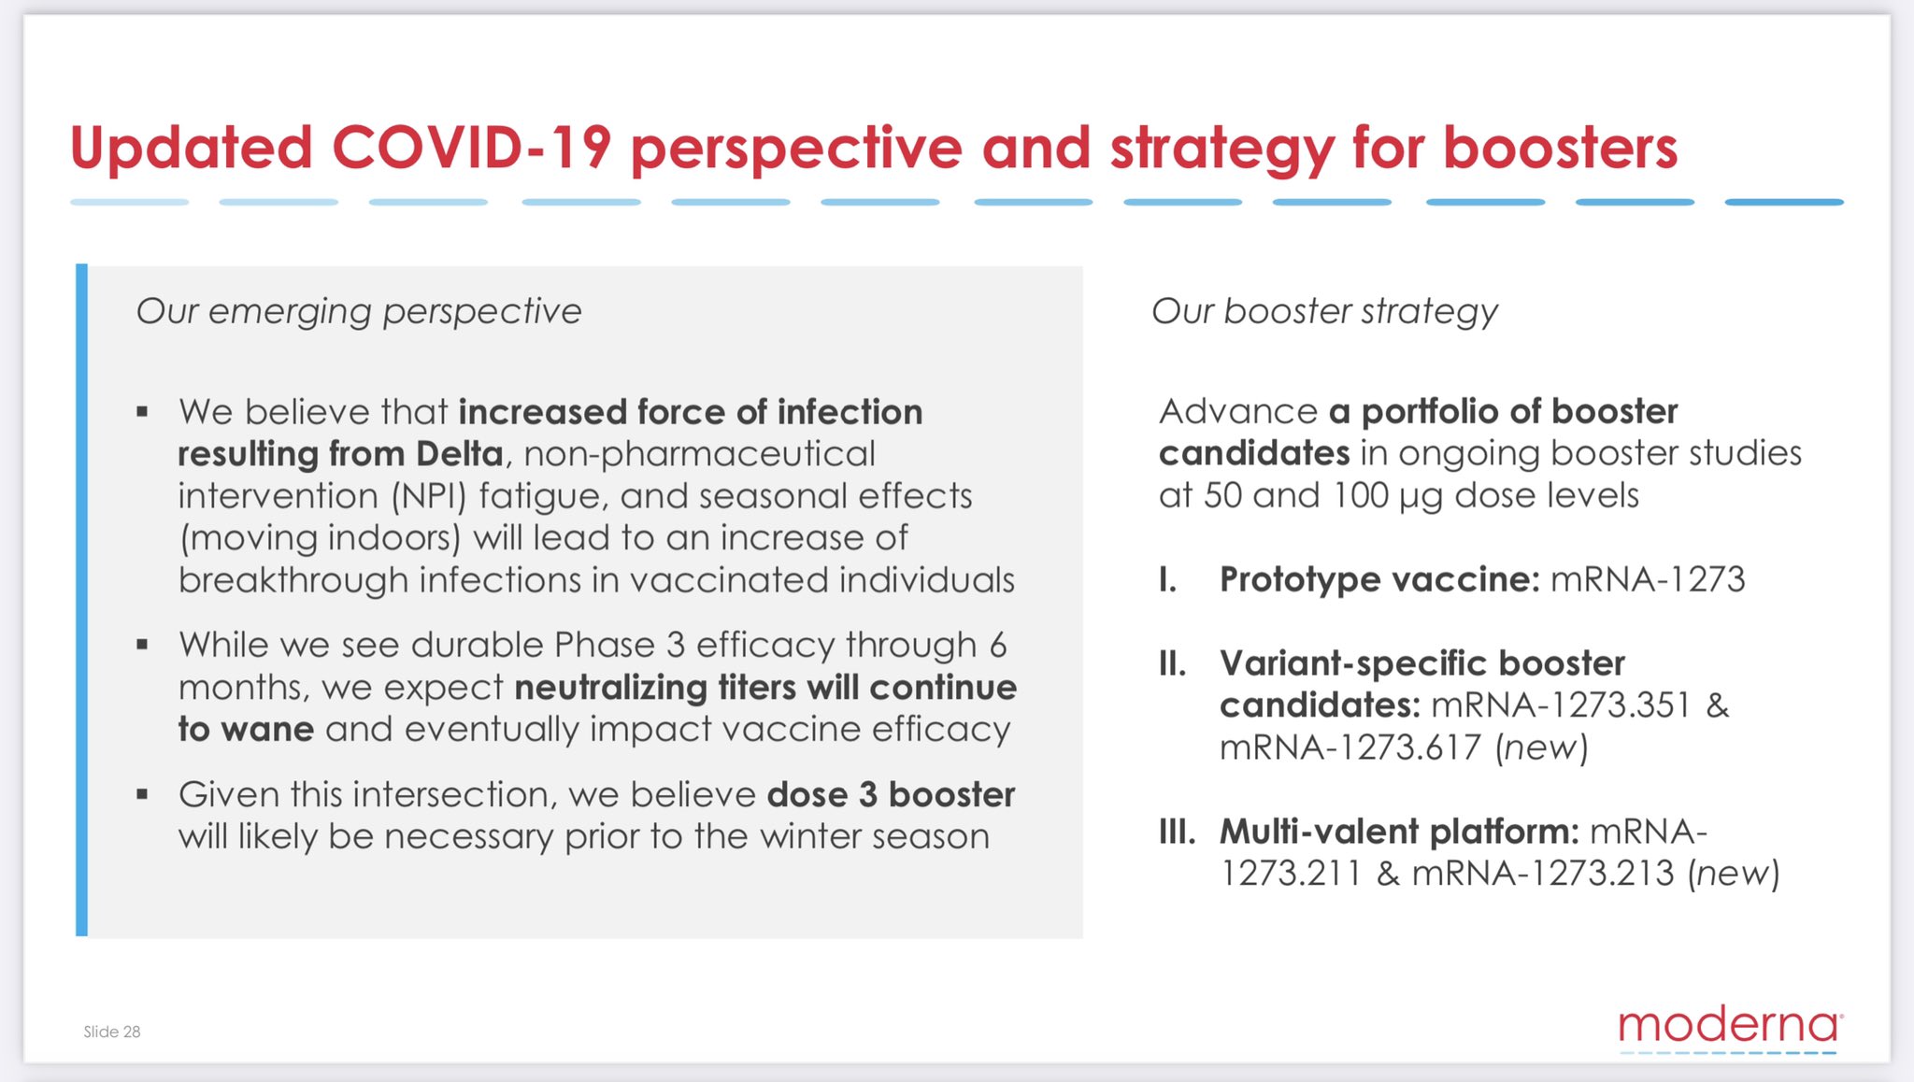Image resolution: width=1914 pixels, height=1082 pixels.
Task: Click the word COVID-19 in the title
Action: coord(472,148)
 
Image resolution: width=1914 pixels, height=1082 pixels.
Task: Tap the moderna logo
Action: coord(1730,1029)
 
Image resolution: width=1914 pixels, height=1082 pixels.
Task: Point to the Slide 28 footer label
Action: coord(112,1032)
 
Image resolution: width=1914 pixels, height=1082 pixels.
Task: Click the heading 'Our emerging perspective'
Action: coord(359,311)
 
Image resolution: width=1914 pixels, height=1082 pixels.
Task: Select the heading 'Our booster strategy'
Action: coord(1324,311)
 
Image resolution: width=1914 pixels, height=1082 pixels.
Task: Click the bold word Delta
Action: coord(460,454)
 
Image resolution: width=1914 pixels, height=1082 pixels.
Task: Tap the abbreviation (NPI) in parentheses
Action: coord(429,496)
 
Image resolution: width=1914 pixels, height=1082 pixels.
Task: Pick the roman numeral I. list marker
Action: coord(1168,579)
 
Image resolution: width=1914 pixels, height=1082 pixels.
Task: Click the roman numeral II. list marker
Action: coord(1173,663)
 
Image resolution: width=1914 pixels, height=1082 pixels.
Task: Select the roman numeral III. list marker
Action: coord(1178,831)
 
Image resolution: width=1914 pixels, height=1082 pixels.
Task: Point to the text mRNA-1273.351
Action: coord(1561,705)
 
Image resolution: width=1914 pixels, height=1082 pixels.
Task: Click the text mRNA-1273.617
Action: coord(1350,747)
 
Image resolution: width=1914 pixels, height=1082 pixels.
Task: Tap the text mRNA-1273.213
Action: coord(1543,874)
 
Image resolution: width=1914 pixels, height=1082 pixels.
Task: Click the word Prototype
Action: coord(1300,580)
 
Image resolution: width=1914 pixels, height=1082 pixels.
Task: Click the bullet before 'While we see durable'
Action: coord(142,644)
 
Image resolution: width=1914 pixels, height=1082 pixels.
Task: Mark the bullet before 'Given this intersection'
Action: coord(142,794)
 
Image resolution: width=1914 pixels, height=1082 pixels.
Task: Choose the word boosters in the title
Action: coord(1560,148)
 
